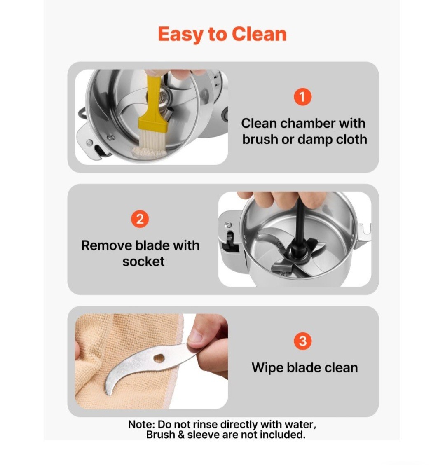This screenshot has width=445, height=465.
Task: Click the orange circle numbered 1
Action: point(302,97)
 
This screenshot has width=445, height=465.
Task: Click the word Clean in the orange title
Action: point(259,34)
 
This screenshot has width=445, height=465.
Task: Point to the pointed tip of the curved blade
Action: point(108,394)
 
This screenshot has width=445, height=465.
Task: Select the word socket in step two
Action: point(143,262)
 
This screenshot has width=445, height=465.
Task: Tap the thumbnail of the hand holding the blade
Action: point(152,362)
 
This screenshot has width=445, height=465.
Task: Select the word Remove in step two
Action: point(106,245)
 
